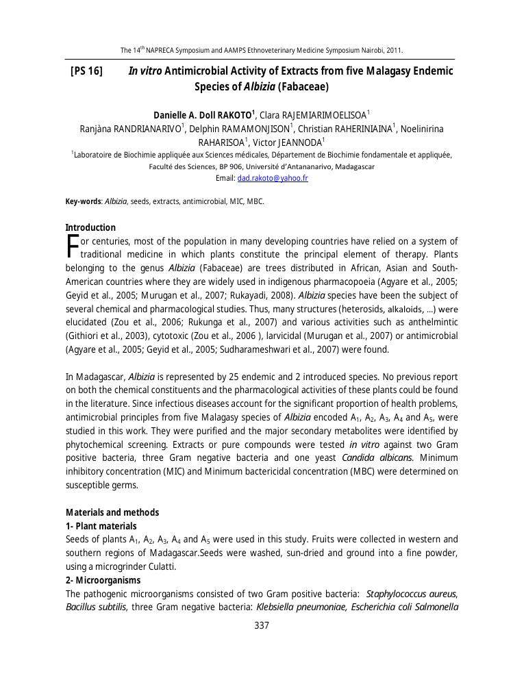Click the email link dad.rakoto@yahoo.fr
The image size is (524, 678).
click(x=273, y=178)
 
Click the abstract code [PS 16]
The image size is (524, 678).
click(x=86, y=71)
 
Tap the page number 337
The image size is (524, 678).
click(x=262, y=625)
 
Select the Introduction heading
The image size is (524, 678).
click(x=90, y=227)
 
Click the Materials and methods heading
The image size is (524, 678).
click(x=112, y=512)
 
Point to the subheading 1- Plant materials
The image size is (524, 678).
click(x=101, y=526)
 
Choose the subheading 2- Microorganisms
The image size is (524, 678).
click(x=103, y=580)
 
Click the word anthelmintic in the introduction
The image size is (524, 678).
click(x=429, y=322)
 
